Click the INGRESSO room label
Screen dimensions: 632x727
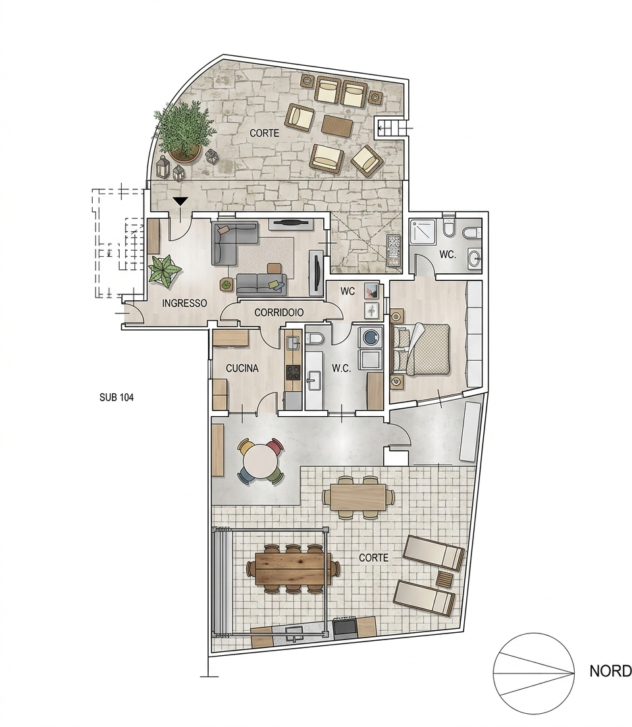pyautogui.click(x=184, y=303)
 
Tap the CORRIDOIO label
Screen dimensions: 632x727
pyautogui.click(x=278, y=313)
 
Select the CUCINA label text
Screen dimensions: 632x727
pyautogui.click(x=242, y=369)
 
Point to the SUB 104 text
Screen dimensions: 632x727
pyautogui.click(x=117, y=397)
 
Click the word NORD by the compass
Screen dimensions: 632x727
pyautogui.click(x=610, y=672)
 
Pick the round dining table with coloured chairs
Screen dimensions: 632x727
pyautogui.click(x=260, y=462)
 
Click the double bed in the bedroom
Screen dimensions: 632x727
pyautogui.click(x=422, y=349)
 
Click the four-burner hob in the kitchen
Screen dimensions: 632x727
pyautogui.click(x=294, y=372)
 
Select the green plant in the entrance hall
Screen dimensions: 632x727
pyautogui.click(x=164, y=270)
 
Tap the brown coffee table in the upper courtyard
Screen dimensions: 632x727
pyautogui.click(x=338, y=124)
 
